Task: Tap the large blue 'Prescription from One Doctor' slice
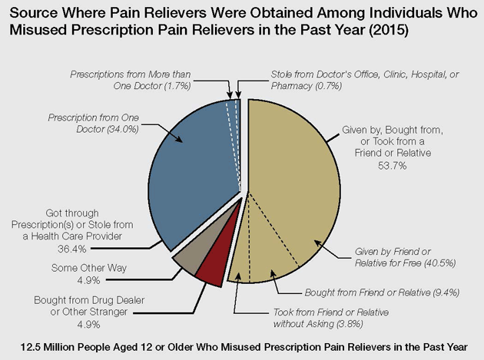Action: tap(192, 177)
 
